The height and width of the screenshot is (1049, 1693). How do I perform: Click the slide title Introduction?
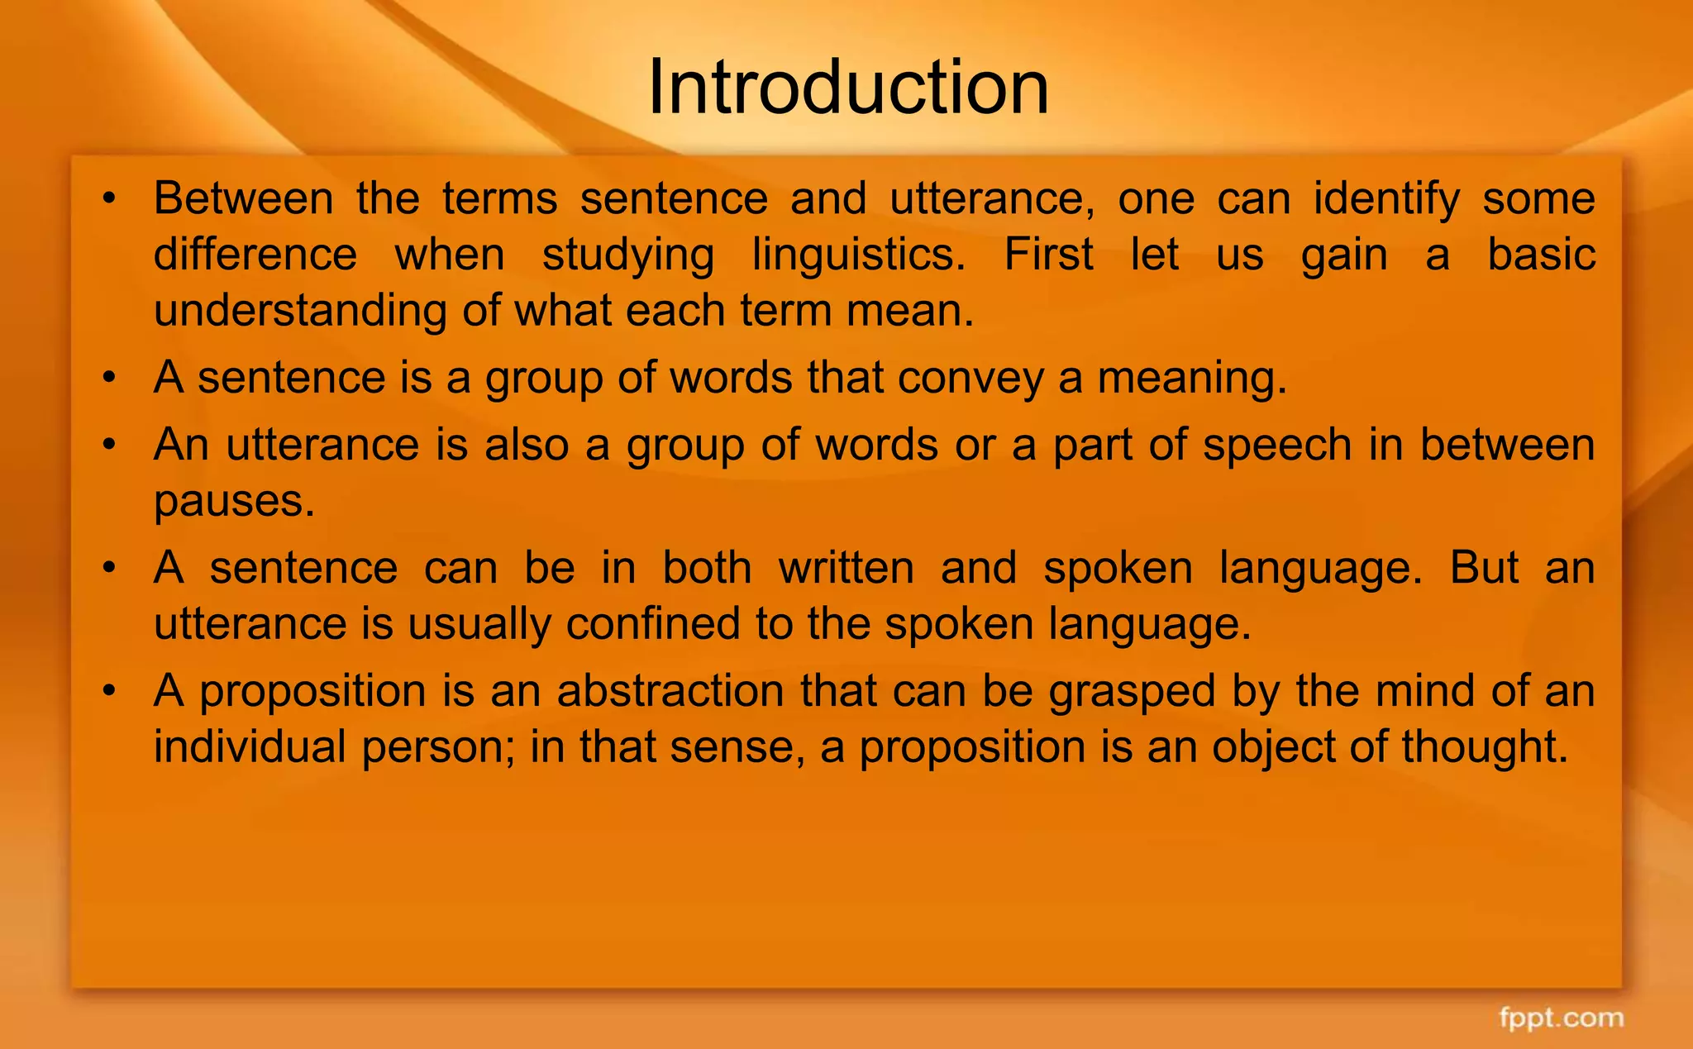[x=847, y=88]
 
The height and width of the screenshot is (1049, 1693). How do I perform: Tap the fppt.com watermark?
[x=1561, y=1018]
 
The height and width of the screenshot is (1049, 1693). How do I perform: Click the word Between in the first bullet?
[x=244, y=199]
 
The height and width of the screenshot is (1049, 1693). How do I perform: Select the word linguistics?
[x=858, y=255]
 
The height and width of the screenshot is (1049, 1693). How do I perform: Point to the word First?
[x=1048, y=255]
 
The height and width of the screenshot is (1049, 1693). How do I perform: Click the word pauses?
[x=234, y=501]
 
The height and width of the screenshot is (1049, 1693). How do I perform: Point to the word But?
[x=1484, y=568]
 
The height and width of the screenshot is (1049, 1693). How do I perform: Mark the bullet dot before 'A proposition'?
[x=108, y=691]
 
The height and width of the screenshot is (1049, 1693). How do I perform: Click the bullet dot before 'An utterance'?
[x=108, y=446]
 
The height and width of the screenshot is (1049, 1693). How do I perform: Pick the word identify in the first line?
[x=1386, y=199]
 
